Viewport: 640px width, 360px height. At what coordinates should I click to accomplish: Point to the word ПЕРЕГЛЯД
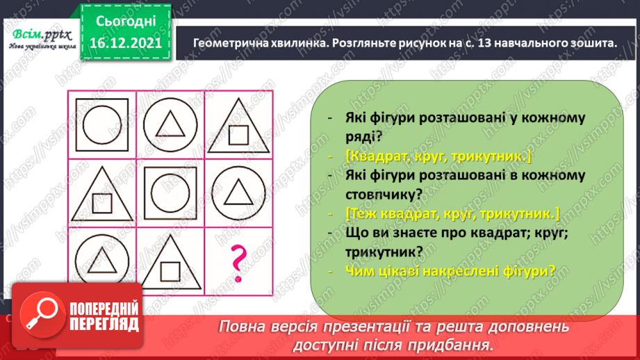102,325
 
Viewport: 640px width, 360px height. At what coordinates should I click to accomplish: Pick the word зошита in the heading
590,43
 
